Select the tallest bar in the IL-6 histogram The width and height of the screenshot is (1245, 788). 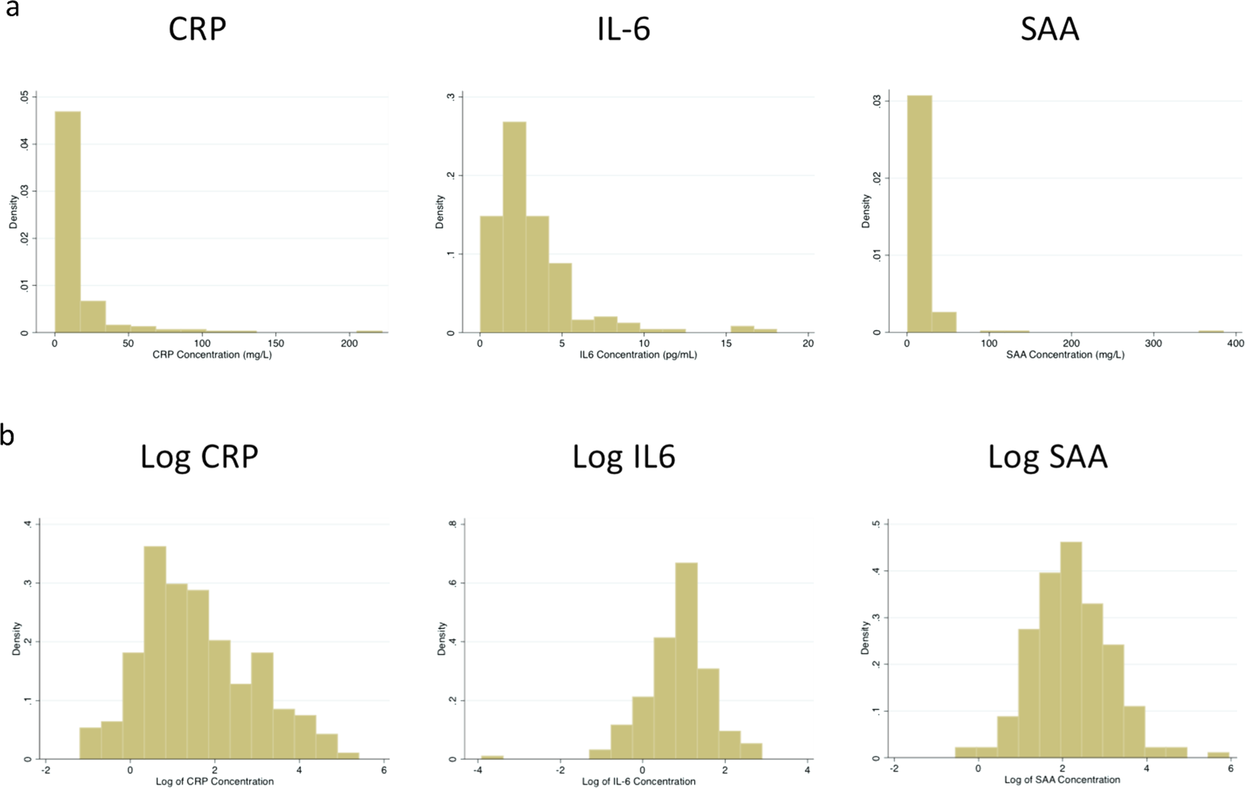pos(514,227)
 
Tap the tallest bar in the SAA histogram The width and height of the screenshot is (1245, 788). pos(919,214)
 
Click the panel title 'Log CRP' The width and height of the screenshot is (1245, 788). pos(199,456)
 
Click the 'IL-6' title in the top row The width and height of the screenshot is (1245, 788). pos(623,30)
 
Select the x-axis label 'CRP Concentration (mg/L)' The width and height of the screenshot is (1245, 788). pos(212,355)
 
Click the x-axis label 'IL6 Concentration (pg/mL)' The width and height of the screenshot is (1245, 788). pos(638,355)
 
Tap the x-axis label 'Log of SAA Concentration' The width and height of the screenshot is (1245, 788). pos(1062,780)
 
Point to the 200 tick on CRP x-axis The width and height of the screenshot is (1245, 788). pos(349,343)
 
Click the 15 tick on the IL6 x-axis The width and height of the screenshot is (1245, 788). pos(726,343)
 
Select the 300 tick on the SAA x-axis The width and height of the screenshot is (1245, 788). pos(1153,343)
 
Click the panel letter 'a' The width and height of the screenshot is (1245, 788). pos(11,10)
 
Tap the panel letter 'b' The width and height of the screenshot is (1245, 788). pos(7,435)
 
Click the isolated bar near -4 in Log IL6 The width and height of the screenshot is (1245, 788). pos(492,756)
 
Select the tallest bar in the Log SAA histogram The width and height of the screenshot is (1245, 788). pos(1071,650)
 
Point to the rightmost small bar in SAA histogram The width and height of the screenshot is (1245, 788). pos(1211,332)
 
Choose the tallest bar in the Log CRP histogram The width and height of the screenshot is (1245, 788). pos(155,653)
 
